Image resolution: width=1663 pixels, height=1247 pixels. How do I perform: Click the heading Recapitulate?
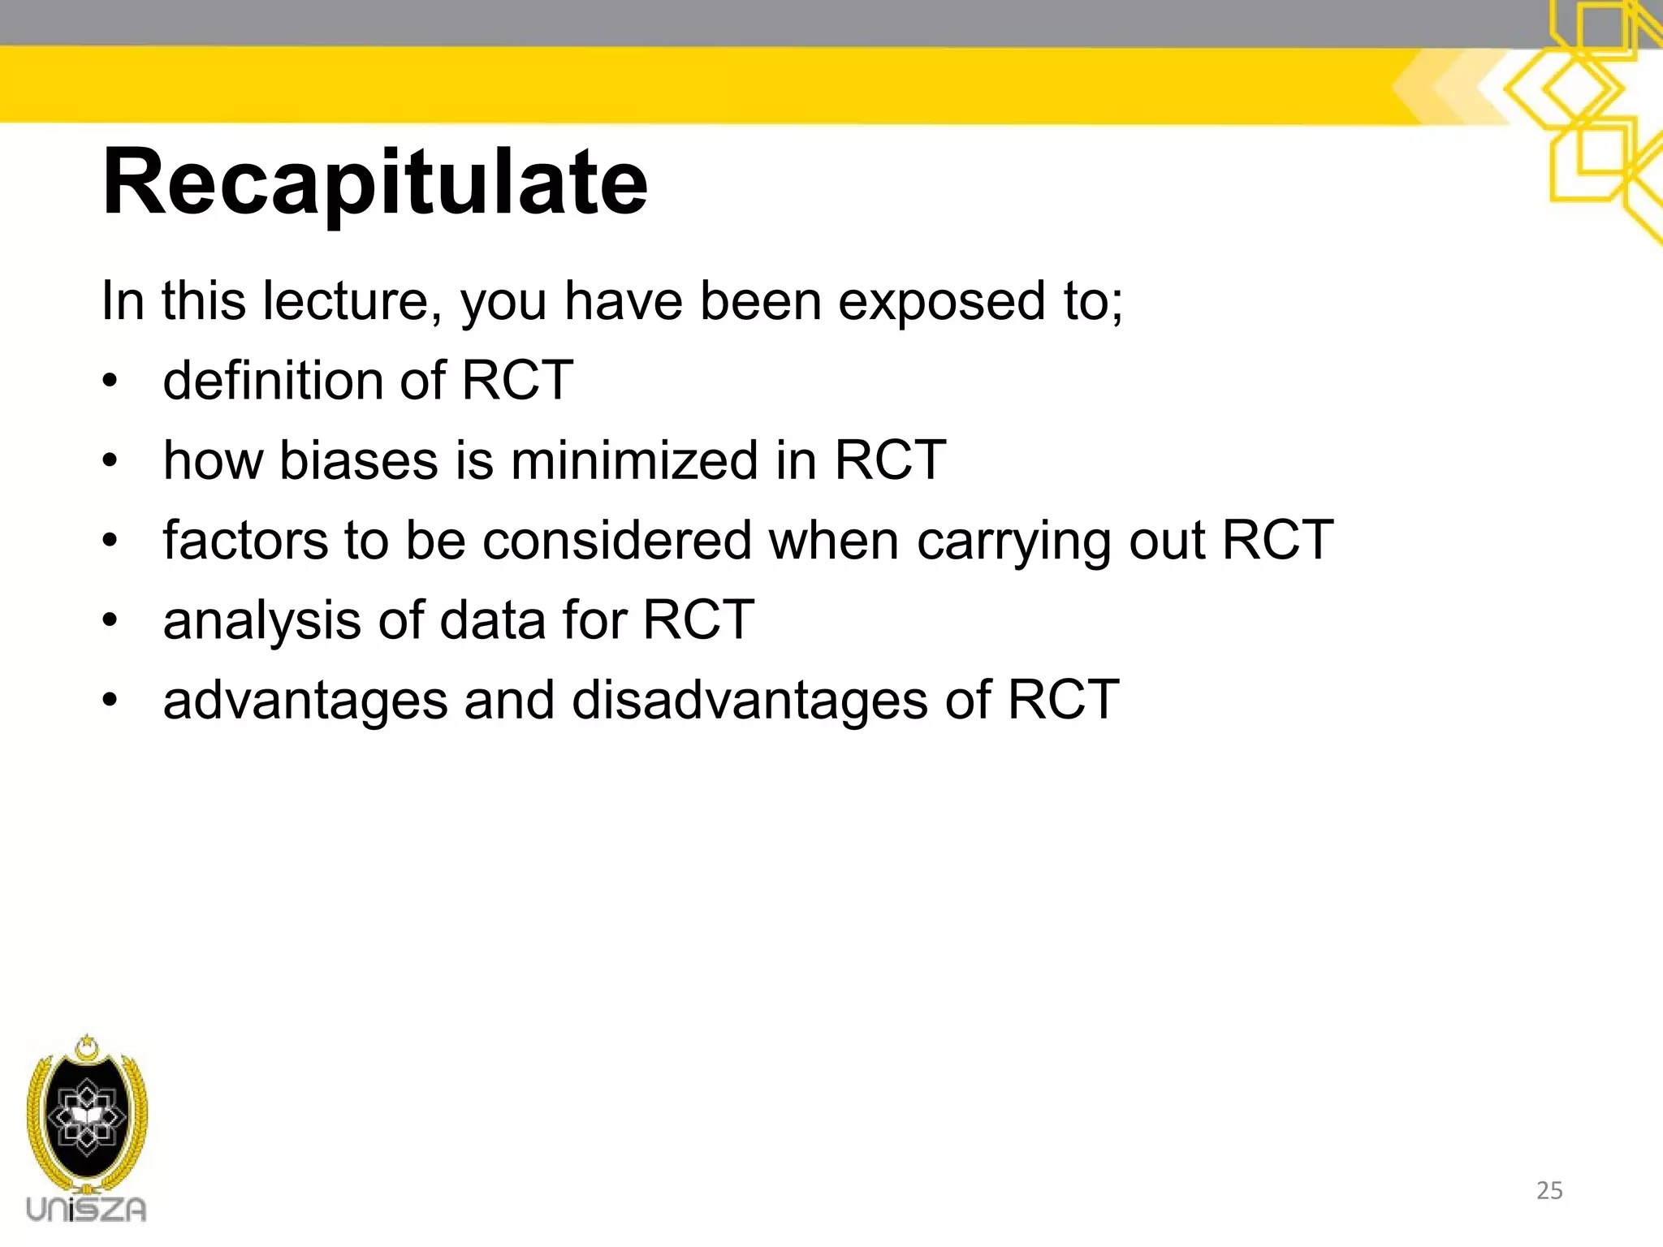coord(374,183)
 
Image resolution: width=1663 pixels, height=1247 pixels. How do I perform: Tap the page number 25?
coord(1549,1190)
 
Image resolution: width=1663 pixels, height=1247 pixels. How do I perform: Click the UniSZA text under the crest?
coord(86,1210)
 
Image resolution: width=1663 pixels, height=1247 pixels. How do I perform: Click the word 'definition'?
coord(274,380)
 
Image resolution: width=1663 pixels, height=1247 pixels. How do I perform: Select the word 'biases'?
coord(357,460)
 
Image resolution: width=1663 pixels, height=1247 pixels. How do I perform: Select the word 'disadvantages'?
coord(749,700)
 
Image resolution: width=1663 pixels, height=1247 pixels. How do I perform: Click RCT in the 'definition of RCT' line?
coord(517,380)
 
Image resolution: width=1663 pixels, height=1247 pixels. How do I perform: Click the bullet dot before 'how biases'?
coord(110,461)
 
